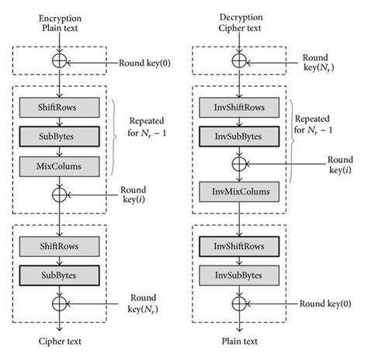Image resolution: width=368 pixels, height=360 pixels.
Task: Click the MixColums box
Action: click(61, 164)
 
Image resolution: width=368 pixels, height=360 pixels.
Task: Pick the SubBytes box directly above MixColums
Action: click(61, 135)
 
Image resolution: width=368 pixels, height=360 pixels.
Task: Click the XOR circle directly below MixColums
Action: click(61, 193)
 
